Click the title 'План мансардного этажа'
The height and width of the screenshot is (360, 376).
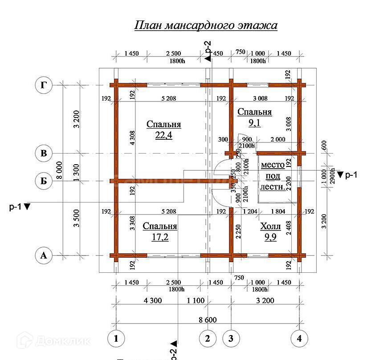click(x=206, y=25)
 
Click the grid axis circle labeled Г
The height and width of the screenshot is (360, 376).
click(x=44, y=85)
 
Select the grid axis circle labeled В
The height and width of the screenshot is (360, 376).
click(x=44, y=153)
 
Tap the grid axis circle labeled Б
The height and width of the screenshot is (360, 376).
click(x=44, y=181)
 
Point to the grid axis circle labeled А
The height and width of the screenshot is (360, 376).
click(x=44, y=255)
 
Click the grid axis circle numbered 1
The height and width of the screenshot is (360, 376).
click(x=116, y=339)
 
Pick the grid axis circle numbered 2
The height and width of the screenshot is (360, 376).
click(x=207, y=339)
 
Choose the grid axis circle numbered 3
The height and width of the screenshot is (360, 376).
click(x=231, y=339)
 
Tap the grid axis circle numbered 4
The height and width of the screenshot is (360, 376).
click(x=299, y=339)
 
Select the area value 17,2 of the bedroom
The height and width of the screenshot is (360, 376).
click(x=160, y=237)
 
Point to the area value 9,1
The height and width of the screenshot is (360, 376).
click(x=254, y=123)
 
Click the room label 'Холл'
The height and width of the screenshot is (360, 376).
click(x=270, y=226)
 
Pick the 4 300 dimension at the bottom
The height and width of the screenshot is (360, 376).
click(x=153, y=300)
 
